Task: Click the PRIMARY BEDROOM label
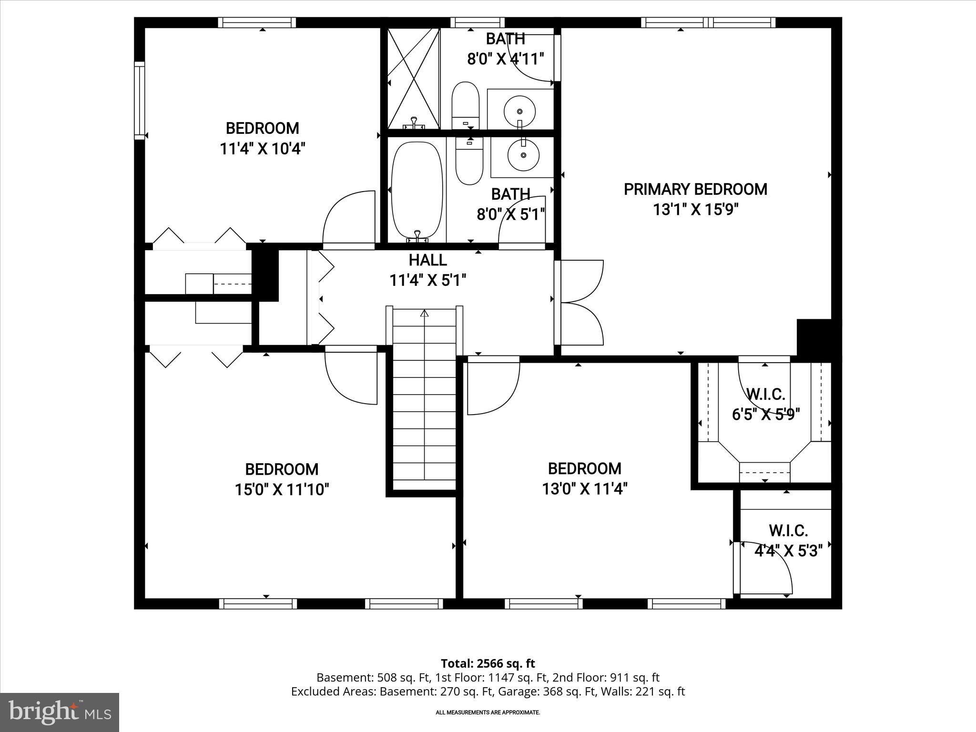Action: click(695, 190)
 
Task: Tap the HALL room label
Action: click(427, 260)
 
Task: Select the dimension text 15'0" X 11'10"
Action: click(282, 489)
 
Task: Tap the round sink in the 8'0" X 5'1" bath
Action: click(523, 155)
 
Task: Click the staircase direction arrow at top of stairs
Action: click(424, 314)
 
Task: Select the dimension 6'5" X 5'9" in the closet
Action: click(765, 414)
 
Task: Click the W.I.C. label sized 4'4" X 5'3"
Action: click(788, 531)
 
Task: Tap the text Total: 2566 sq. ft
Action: click(488, 663)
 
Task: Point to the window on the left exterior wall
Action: click(139, 101)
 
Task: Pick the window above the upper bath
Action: click(477, 22)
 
